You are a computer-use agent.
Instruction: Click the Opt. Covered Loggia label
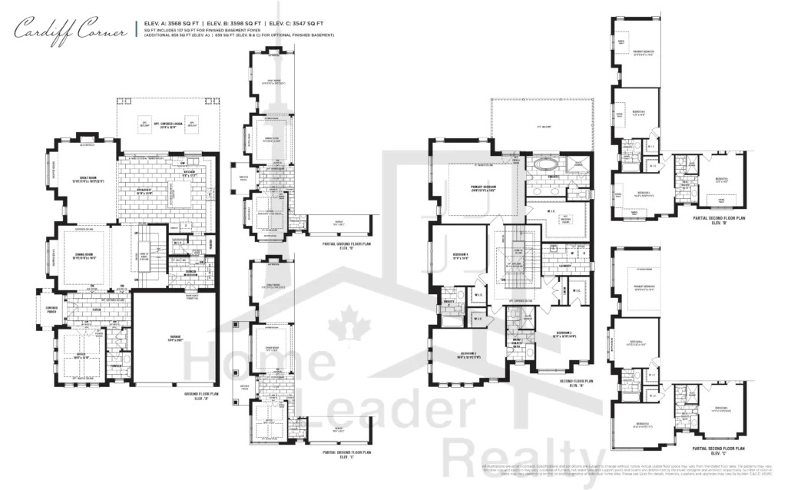[x=167, y=125]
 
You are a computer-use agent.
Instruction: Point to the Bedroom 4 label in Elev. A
[x=458, y=257]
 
